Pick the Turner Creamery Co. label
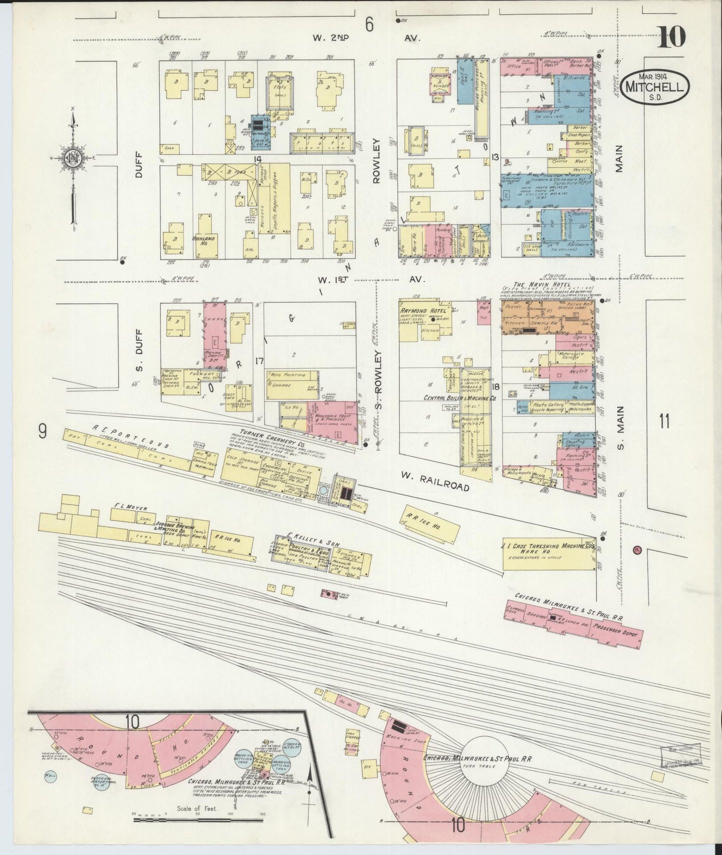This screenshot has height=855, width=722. pos(265,432)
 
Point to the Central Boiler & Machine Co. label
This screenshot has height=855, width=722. pos(459,398)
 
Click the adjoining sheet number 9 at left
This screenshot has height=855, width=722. pos(42,429)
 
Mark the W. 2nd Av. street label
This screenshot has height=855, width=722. pos(367,38)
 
